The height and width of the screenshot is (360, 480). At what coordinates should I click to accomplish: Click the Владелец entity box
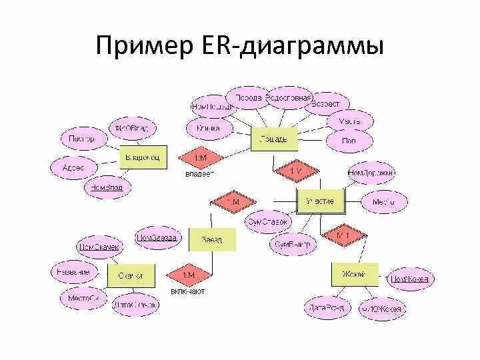[143, 157]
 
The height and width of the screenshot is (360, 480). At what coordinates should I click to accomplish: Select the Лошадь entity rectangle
[272, 139]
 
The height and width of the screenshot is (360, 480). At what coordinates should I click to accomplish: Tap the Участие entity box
[319, 201]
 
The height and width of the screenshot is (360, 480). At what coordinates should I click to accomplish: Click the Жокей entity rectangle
[355, 274]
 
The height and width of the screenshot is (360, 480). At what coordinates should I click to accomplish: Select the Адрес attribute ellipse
[73, 168]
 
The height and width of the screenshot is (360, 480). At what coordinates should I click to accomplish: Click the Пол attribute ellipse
[349, 141]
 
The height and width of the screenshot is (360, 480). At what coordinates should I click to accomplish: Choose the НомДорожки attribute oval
[371, 173]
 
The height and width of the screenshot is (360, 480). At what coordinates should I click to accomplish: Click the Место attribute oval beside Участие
[383, 201]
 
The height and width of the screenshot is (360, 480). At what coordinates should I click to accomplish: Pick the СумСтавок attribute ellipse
[267, 221]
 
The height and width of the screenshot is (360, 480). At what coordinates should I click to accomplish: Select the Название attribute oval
[74, 272]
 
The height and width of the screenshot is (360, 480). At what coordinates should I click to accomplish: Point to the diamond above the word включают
[189, 275]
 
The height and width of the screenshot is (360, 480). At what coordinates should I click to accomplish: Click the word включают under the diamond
[188, 291]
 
